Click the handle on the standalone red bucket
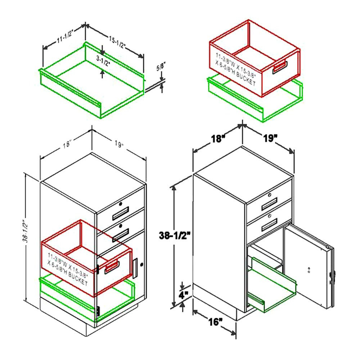(x=280, y=67)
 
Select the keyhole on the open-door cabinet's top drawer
(x=270, y=195)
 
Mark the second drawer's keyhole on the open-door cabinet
(x=270, y=216)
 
